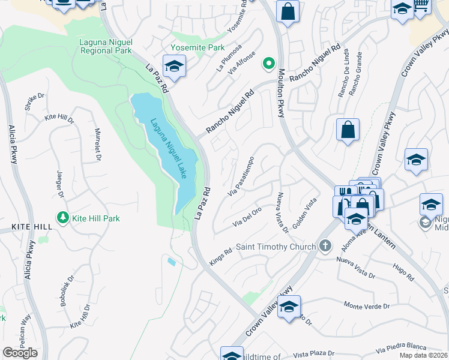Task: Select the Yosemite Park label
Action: point(197,47)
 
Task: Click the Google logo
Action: point(20,352)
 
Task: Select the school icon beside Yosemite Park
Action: point(174,67)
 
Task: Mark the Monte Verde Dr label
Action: point(367,306)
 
